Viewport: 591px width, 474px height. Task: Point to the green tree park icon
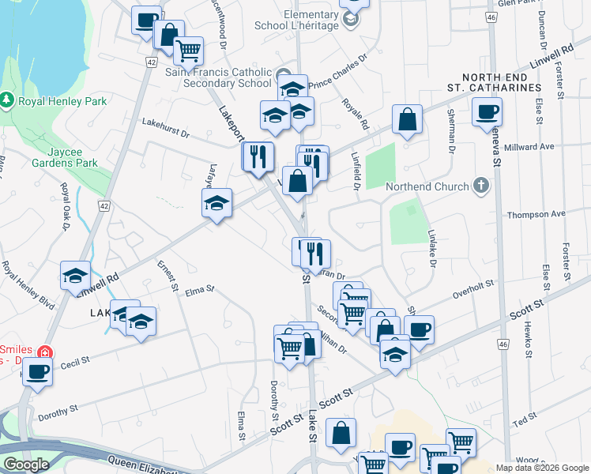coord(8,100)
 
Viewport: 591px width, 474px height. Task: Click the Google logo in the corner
coord(25,465)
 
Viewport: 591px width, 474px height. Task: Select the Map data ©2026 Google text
coord(542,468)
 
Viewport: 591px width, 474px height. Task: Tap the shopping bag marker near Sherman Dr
coord(407,120)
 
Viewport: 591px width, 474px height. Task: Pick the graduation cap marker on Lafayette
coord(216,203)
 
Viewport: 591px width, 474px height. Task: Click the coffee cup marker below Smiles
coord(36,371)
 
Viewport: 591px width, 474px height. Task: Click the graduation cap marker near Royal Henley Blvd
coord(75,276)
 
